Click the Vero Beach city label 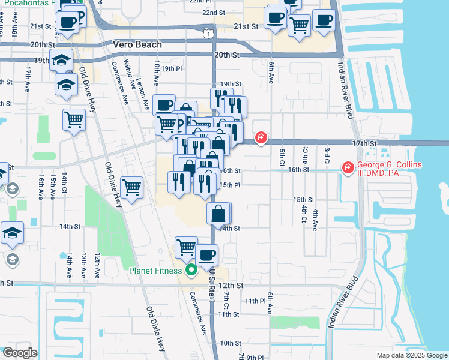point(137,45)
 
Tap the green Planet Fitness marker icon point(191,271)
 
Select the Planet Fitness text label point(155,271)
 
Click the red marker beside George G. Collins point(347,167)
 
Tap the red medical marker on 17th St point(261,139)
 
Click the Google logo point(19,352)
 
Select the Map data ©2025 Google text point(411,355)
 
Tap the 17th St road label point(364,144)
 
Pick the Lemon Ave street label point(143,94)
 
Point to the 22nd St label point(213,13)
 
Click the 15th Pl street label point(230,185)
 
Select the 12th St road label point(231,286)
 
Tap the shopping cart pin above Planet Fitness point(186,247)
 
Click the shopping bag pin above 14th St point(218,213)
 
